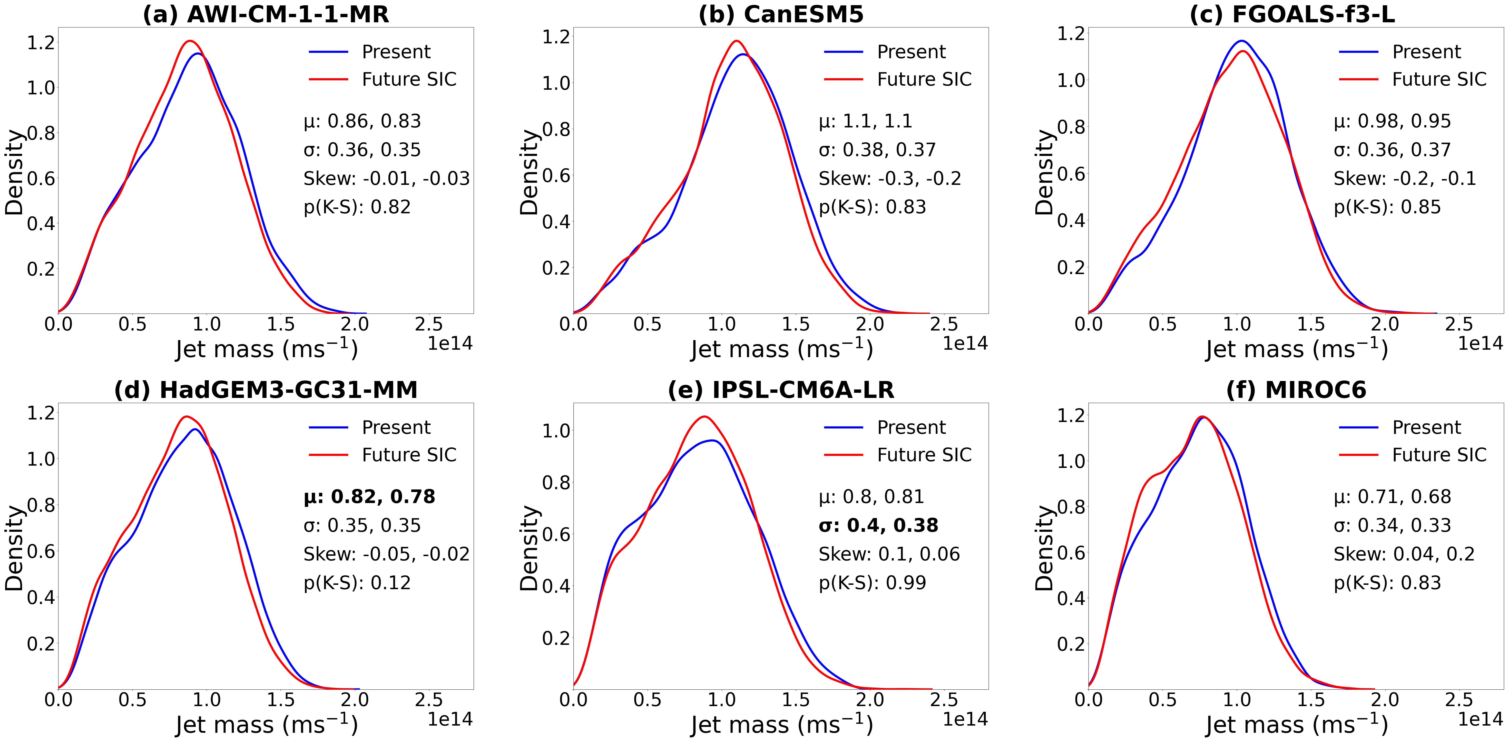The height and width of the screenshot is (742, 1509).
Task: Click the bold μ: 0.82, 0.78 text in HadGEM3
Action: pos(369,497)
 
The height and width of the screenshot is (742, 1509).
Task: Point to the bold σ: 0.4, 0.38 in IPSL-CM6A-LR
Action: pos(878,525)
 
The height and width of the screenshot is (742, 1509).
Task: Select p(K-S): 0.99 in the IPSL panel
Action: pos(872,583)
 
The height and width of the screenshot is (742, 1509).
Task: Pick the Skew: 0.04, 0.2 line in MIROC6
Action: pos(1404,554)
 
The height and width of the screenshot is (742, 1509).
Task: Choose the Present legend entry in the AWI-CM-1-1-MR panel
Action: pos(396,52)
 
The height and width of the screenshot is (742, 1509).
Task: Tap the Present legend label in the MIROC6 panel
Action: pos(1426,427)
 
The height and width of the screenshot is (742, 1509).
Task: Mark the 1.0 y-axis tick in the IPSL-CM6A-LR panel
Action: pos(557,431)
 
